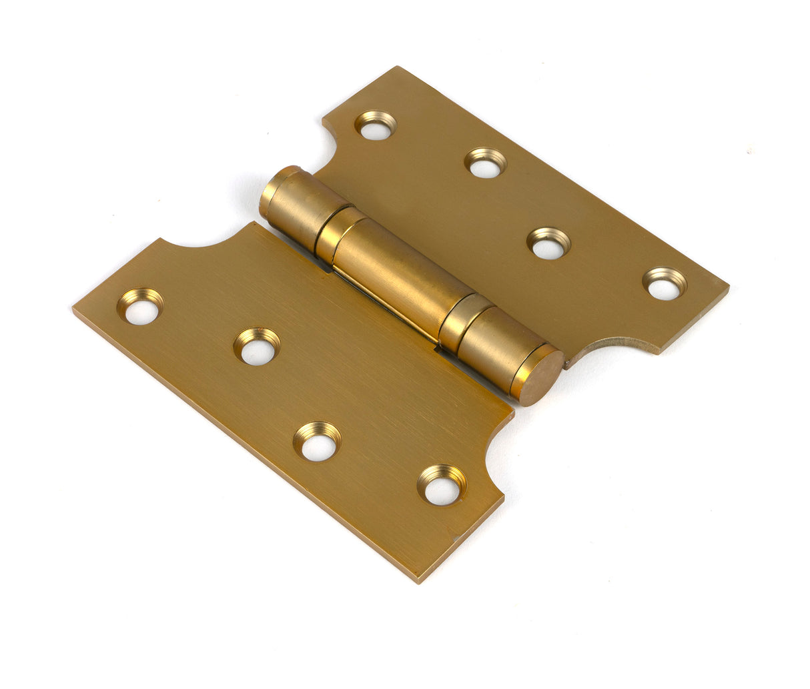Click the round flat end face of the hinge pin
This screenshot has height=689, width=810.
click(541, 378)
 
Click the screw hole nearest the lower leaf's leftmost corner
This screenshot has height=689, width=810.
click(141, 307)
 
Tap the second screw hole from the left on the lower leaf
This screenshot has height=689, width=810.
click(257, 347)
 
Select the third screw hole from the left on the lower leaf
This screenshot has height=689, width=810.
click(318, 442)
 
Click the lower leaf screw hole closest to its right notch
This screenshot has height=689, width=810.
click(442, 485)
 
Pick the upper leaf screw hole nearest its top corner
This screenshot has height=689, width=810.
click(375, 125)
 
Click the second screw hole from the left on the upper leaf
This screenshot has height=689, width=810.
click(485, 163)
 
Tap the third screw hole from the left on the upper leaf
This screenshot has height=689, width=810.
click(548, 243)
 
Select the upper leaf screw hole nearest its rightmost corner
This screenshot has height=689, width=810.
click(665, 284)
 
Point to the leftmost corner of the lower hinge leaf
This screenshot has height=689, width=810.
click(74, 308)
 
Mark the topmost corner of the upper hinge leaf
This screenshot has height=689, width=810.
click(398, 67)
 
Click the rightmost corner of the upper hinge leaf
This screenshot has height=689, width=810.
click(727, 288)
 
